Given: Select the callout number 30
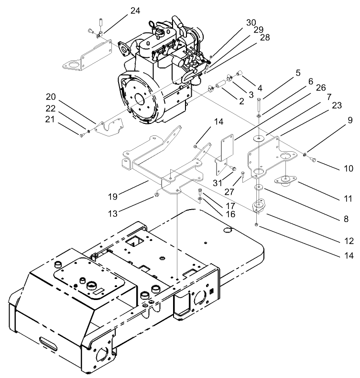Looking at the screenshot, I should pyautogui.click(x=251, y=22).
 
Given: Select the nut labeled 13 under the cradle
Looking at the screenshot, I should pyautogui.click(x=157, y=195).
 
